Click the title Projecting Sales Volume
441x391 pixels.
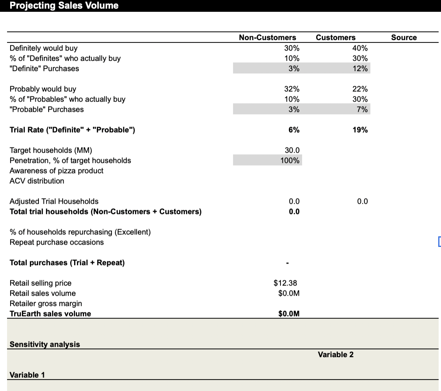pos(64,5)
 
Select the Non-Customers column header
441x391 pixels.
pos(267,38)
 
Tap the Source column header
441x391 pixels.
pos(404,38)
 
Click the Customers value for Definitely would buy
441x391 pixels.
pos(360,48)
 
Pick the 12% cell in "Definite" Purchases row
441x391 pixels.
pos(360,69)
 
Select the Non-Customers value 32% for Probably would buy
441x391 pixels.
pos(292,89)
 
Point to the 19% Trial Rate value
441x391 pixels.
pos(360,130)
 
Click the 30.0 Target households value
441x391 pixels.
pos(292,150)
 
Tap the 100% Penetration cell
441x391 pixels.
pos(290,161)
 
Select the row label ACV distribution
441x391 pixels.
pos(37,181)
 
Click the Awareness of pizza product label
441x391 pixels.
pos(56,171)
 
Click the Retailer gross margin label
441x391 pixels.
pos(46,303)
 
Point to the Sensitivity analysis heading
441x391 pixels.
pos(45,344)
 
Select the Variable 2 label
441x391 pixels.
pos(335,354)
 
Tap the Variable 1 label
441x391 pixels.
pos(27,375)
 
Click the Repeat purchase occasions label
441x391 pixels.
pos(57,242)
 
